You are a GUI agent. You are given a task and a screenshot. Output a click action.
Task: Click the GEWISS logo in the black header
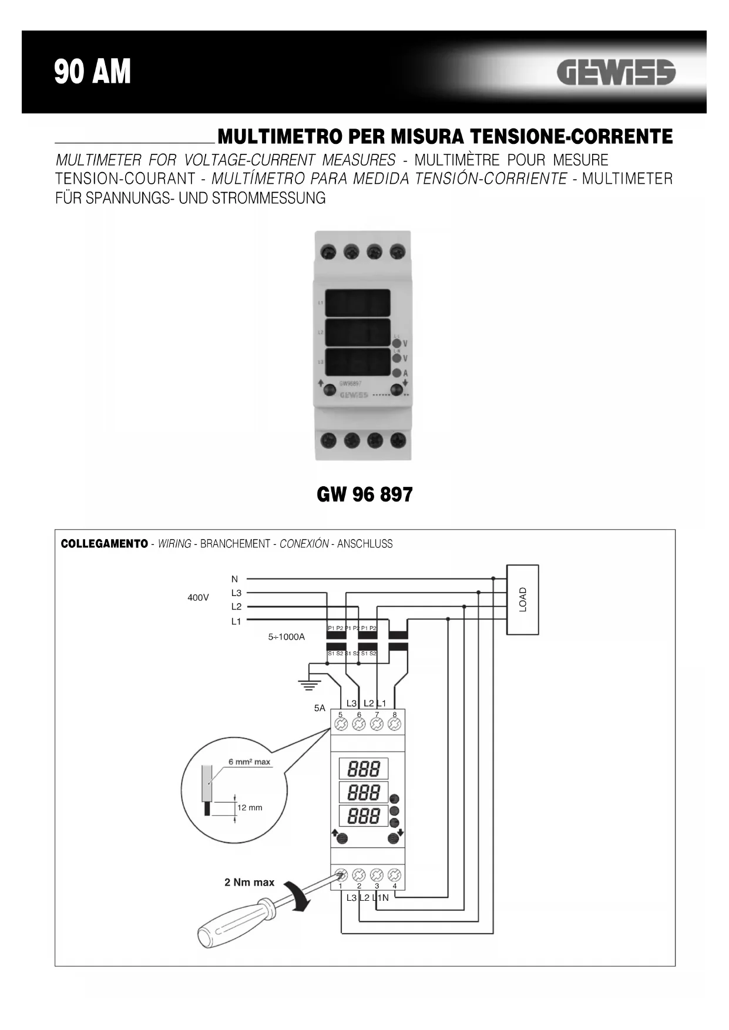point(616,73)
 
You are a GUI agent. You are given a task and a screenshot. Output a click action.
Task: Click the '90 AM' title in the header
point(93,72)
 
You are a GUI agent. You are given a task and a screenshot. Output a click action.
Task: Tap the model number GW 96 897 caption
point(364,494)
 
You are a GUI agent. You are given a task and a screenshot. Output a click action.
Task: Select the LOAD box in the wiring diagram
point(522,600)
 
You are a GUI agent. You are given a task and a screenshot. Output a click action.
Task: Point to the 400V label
point(198,598)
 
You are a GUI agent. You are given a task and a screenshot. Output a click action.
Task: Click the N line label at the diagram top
point(234,579)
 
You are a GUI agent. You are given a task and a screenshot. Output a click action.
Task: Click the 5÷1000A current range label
point(287,637)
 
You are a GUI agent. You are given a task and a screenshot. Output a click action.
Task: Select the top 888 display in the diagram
point(364,769)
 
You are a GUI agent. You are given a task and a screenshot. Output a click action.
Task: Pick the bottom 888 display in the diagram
point(364,816)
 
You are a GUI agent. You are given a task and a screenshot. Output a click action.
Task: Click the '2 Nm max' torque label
point(249,882)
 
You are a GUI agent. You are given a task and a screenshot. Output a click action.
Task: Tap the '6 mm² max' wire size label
point(250,762)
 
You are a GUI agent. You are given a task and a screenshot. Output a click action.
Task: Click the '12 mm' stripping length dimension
point(250,807)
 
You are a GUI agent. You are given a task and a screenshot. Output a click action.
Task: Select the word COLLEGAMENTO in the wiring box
point(105,544)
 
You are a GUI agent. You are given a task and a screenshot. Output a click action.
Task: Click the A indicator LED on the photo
point(397,373)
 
